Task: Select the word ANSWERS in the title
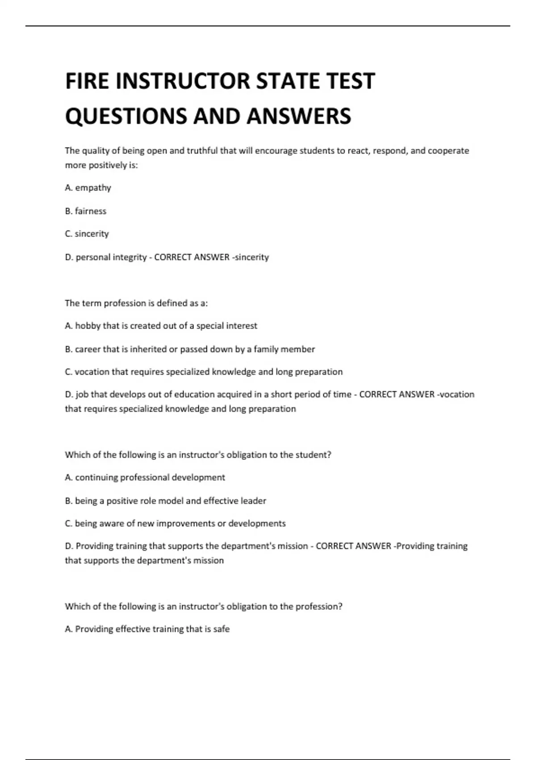(x=299, y=116)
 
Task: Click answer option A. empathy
(x=88, y=188)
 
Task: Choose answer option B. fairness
(x=86, y=211)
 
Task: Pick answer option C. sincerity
(x=87, y=234)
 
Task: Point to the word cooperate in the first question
(x=448, y=151)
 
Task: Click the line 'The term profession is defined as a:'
(x=136, y=303)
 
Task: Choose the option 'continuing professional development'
(x=145, y=477)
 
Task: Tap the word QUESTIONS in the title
(x=126, y=116)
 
